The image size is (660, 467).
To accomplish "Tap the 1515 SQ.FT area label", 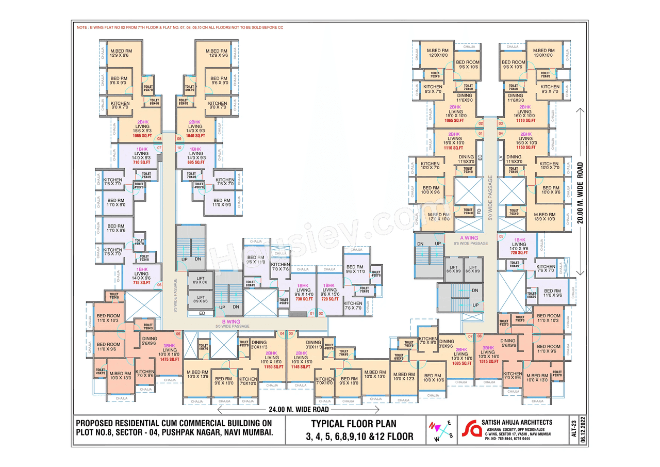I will coord(489,362).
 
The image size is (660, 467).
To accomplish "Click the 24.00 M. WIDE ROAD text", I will coord(299,410).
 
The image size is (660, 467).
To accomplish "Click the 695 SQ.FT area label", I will coord(195,163).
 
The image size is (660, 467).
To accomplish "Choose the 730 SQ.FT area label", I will coord(304,299).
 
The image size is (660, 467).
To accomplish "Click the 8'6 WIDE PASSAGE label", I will coord(470,244).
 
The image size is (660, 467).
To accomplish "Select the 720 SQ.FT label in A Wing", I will coord(519,253).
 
